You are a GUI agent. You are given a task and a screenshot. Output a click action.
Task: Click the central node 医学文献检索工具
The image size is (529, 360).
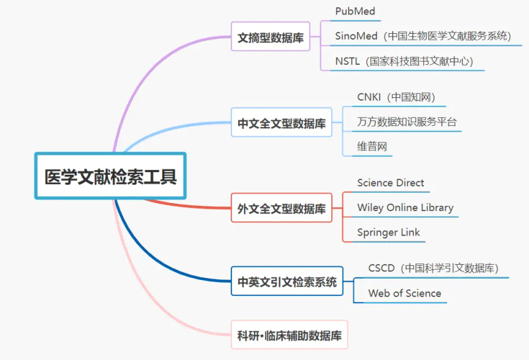[x=110, y=176]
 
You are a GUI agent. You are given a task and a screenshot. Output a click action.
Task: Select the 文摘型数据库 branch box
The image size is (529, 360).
[x=270, y=38]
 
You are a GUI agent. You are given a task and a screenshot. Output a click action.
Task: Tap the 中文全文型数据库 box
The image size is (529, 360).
[x=282, y=122]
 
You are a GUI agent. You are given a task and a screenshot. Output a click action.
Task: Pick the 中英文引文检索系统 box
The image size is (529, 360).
[x=287, y=282]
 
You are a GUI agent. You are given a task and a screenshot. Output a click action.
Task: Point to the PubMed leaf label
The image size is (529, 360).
[x=356, y=11]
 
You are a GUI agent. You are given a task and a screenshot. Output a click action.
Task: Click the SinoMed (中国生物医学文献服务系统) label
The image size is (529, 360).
[x=423, y=36]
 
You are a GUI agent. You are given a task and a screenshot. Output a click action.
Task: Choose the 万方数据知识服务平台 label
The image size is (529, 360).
[x=407, y=122]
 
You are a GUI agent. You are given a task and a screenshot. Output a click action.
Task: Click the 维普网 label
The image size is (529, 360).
[x=372, y=146]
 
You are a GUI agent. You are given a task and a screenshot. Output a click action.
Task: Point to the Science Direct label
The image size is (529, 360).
[x=391, y=183]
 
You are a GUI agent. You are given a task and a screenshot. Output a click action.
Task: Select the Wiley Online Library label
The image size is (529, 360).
[x=405, y=207]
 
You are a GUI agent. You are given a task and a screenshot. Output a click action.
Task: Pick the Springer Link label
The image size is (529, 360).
[x=389, y=232]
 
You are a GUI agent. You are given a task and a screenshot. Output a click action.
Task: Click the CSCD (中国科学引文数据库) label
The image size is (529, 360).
[x=433, y=268]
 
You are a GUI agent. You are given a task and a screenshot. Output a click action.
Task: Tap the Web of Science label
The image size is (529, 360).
[x=405, y=293]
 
